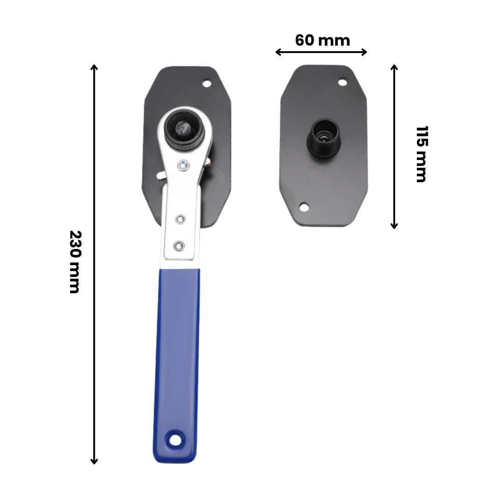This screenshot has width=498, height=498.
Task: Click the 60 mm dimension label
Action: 322,41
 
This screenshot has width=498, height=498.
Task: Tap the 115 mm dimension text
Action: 421,154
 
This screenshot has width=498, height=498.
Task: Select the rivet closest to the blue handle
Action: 179,245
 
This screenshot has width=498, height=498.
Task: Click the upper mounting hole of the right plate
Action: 342,83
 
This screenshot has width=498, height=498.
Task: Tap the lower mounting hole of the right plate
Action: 304,207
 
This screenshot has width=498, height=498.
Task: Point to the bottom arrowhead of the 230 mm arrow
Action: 94,461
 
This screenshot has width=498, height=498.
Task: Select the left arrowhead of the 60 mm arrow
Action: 278,52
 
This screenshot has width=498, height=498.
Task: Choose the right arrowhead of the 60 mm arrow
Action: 365,52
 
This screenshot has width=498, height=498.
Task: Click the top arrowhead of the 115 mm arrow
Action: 394,67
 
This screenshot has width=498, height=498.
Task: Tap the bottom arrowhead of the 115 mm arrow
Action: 394,225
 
